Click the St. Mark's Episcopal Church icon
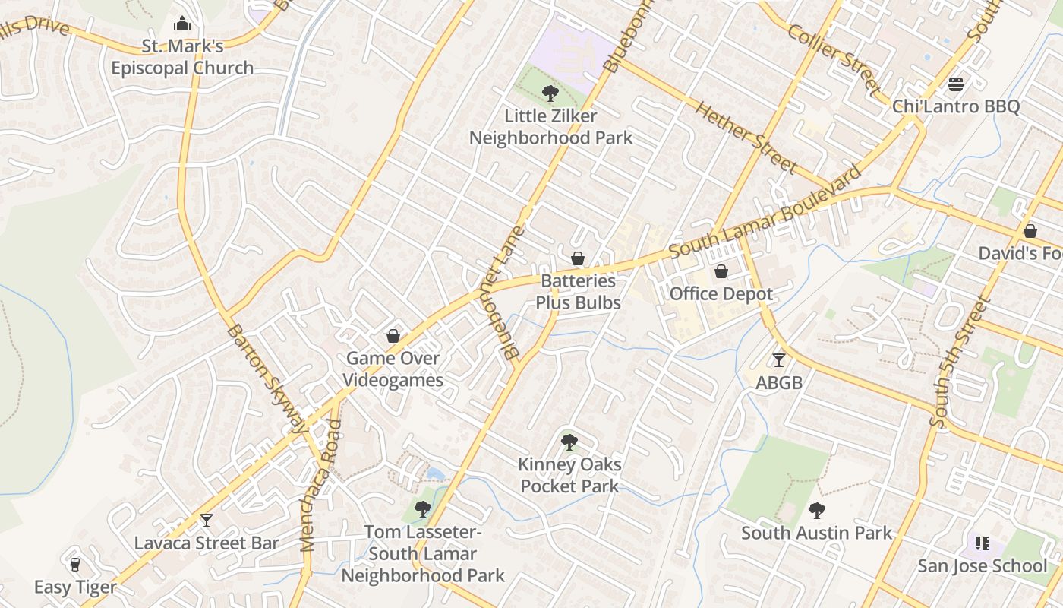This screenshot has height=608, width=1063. tap(182, 24)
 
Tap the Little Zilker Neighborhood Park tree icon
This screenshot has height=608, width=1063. tap(550, 93)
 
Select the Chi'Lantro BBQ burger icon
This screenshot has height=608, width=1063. tap(956, 84)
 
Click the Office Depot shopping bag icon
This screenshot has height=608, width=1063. tap(721, 271)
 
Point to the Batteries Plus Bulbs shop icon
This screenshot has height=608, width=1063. tap(578, 258)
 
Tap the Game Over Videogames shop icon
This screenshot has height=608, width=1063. tap(393, 336)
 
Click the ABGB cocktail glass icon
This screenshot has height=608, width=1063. tap(779, 360)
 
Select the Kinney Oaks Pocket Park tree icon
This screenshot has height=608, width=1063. tap(569, 442)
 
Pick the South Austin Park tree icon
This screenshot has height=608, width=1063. tap(817, 511)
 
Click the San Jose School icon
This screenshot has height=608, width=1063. tap(983, 543)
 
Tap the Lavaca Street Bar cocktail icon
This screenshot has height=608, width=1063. tap(207, 521)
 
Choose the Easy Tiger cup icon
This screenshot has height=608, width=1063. tap(74, 565)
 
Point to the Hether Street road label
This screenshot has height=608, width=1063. tap(746, 136)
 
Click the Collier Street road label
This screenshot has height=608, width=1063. tap(833, 59)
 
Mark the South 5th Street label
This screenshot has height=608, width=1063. tap(960, 363)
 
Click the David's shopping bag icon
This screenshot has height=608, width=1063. tap(1030, 230)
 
